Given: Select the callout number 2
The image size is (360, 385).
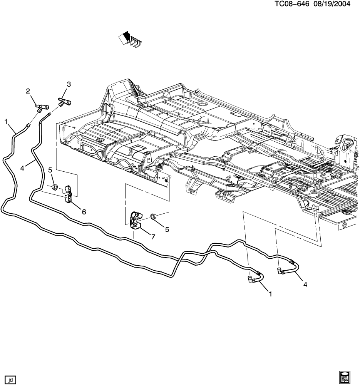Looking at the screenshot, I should [28, 91].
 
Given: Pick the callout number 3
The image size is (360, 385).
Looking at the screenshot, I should [69, 84].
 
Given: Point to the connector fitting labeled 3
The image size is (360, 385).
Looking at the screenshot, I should [64, 103].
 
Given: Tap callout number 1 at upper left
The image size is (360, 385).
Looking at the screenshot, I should [6, 122].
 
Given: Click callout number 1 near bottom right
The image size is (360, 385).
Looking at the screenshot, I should [270, 294].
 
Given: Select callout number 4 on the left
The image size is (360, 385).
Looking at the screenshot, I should [22, 168].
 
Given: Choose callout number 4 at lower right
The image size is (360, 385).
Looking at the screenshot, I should [305, 285].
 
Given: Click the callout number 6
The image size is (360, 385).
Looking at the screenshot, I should [84, 212].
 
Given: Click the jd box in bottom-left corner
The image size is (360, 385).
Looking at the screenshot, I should [10, 380].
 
